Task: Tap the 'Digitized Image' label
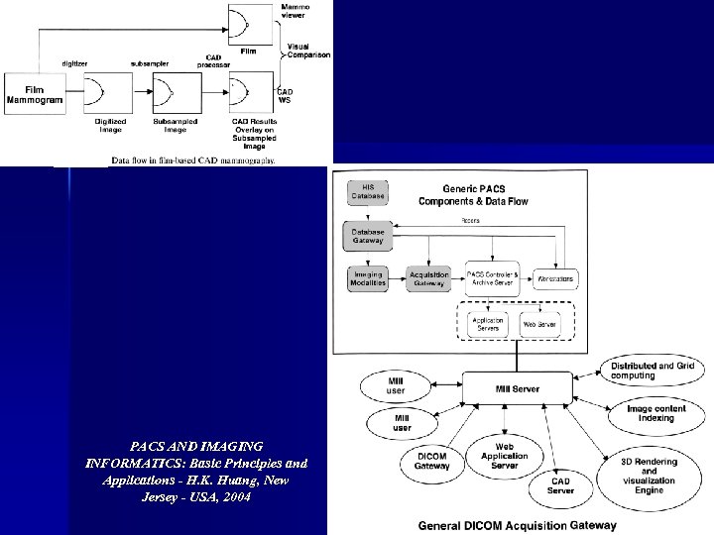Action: (110, 125)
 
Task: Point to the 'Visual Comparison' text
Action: (308, 51)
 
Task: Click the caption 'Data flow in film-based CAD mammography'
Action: (193, 159)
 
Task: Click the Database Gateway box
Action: (368, 236)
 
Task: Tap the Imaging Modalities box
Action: (369, 278)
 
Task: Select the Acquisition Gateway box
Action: (427, 278)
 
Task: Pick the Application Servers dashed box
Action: (487, 323)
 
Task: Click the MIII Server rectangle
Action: (517, 389)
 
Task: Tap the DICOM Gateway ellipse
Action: (431, 460)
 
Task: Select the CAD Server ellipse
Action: (561, 484)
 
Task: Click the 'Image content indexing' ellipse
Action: (663, 411)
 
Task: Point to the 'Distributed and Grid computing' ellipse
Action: (653, 372)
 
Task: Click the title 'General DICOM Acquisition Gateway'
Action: (516, 526)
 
